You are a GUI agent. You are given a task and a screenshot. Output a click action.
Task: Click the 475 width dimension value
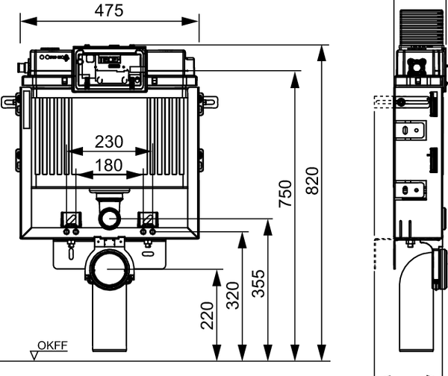(x=108, y=10)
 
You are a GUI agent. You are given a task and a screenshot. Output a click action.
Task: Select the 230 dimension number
(x=109, y=141)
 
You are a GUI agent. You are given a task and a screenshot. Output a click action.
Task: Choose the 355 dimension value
(x=258, y=282)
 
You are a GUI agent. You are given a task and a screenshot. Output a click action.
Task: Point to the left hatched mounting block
(x=71, y=219)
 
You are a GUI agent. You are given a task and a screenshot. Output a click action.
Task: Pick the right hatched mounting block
(x=149, y=219)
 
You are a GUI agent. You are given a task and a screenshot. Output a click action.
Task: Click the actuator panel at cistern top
(x=108, y=69)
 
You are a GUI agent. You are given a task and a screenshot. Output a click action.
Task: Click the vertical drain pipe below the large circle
(x=109, y=325)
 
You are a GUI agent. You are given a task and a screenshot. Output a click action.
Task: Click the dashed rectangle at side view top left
(x=383, y=102)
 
